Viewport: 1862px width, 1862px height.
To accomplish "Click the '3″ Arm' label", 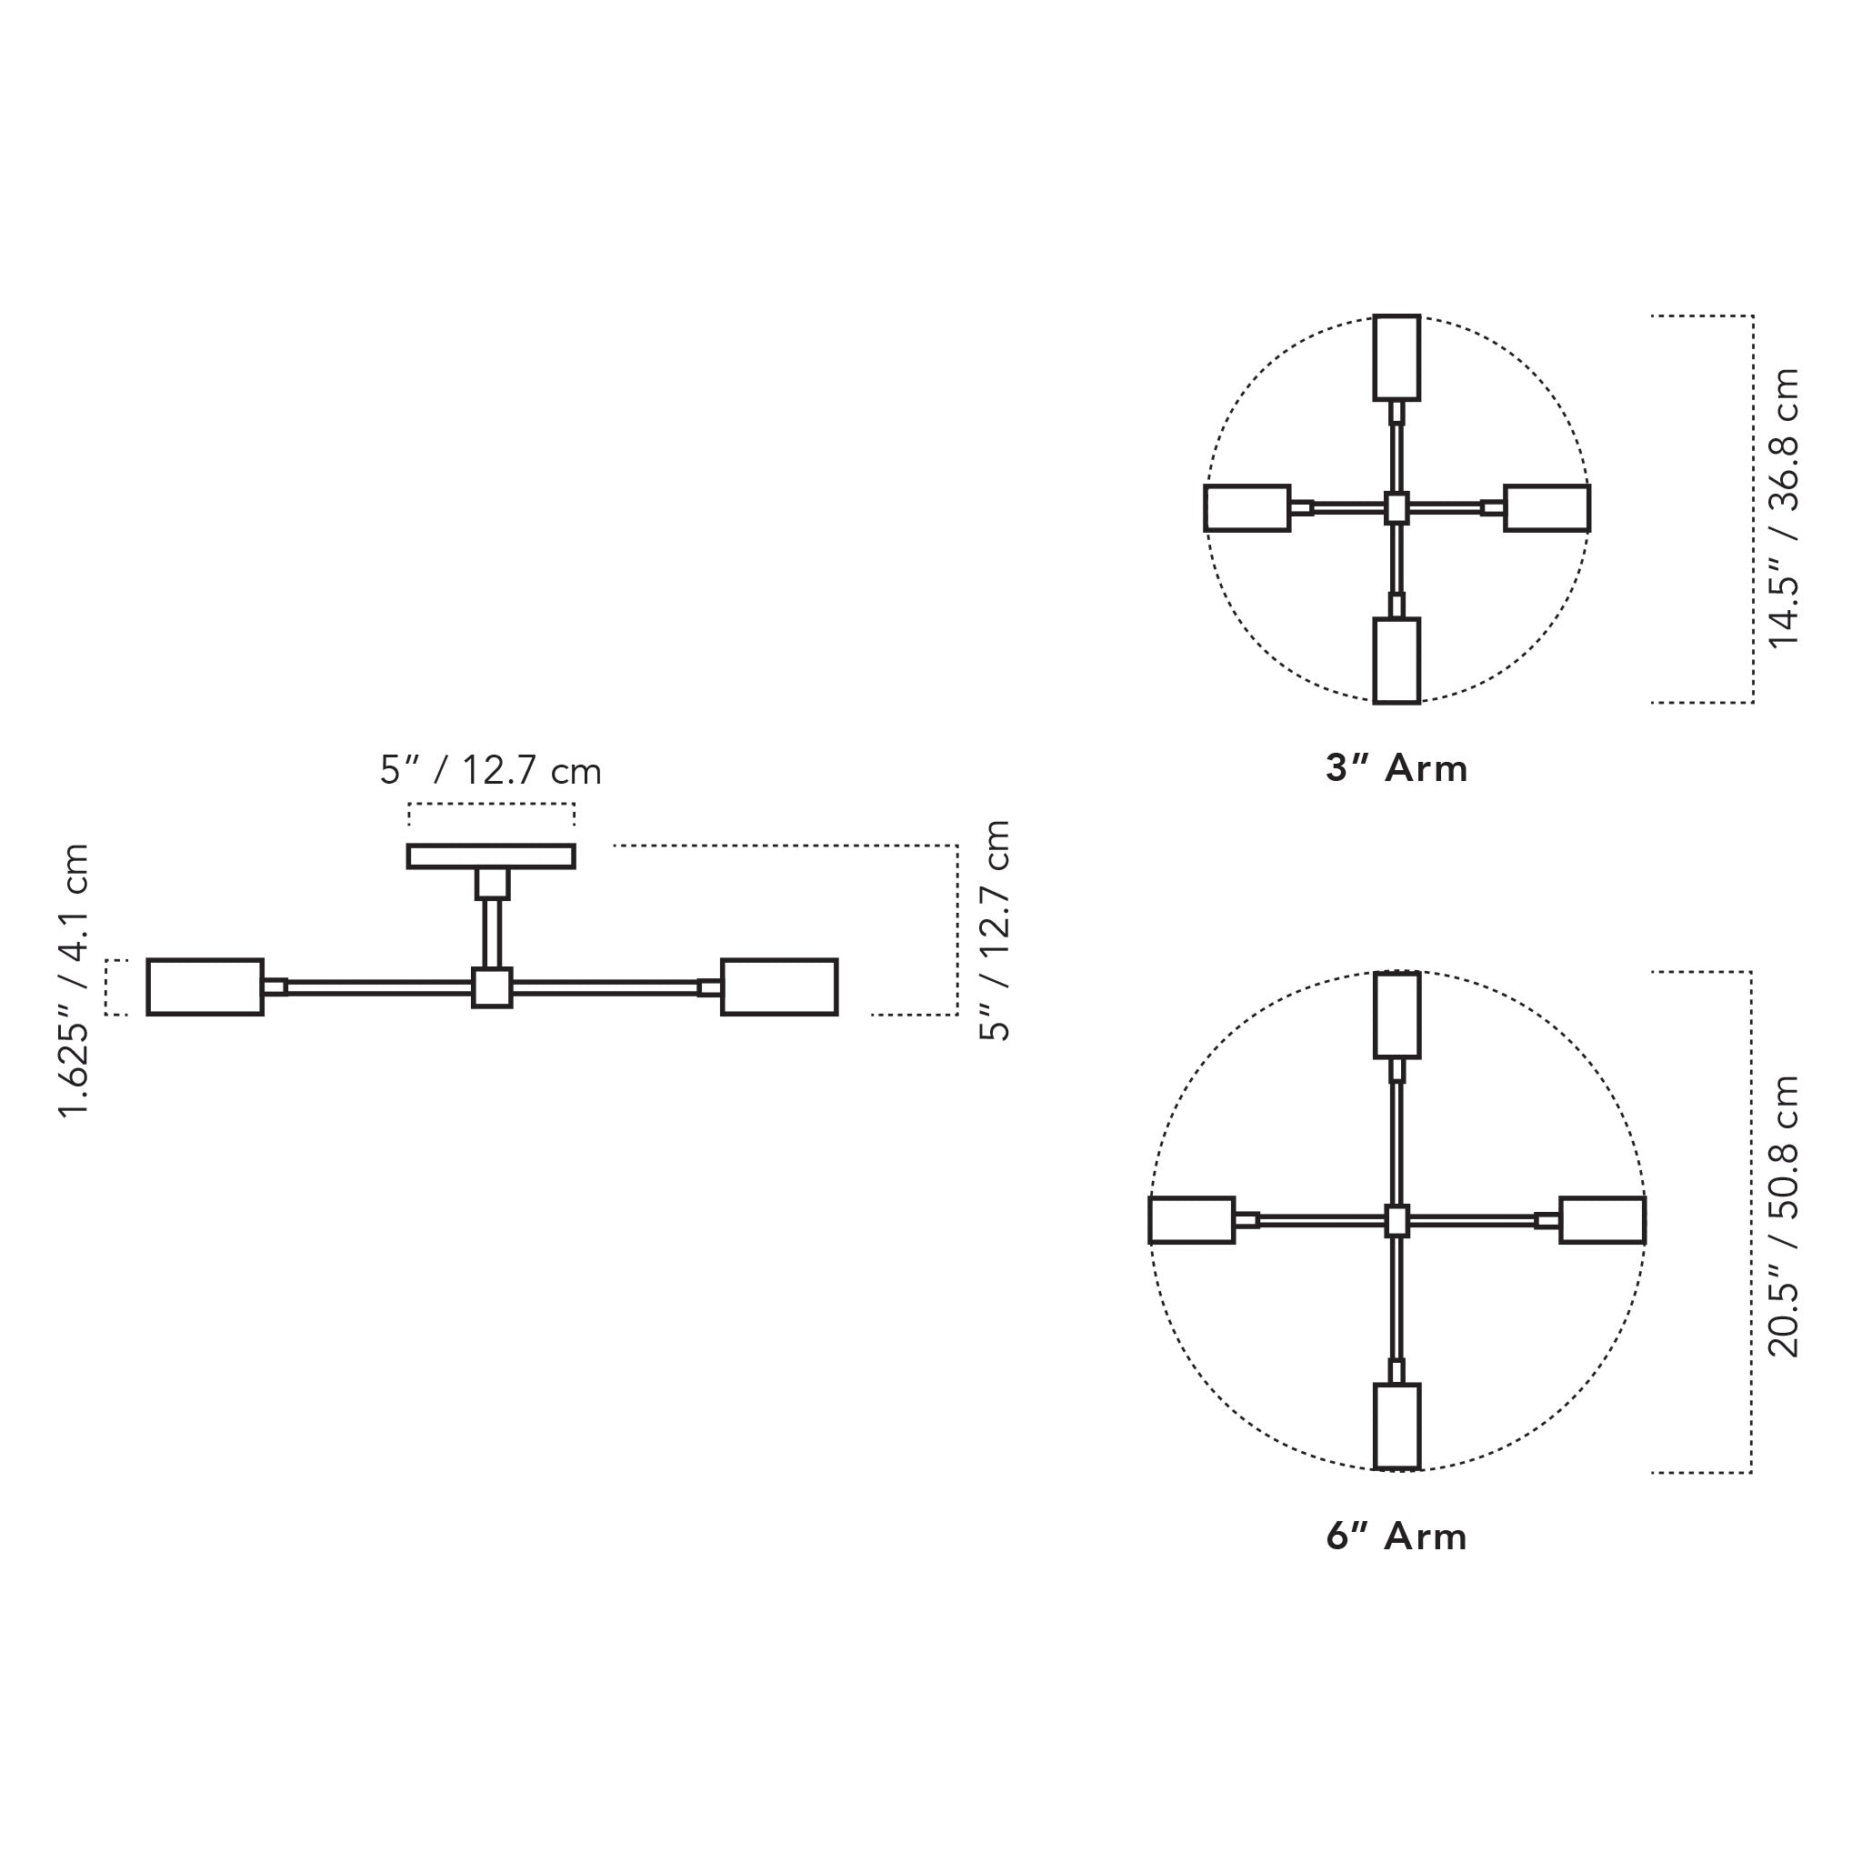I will (x=1396, y=768).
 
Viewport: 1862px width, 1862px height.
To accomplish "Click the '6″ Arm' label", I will (x=1396, y=1537).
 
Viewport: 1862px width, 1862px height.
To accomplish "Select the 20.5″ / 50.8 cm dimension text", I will (x=1783, y=1216).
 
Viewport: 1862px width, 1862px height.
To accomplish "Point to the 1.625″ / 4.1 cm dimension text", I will (x=75, y=980).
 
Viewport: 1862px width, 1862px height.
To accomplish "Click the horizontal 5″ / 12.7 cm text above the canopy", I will (x=491, y=771).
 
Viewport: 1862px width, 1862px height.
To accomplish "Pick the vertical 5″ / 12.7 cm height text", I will (x=995, y=930).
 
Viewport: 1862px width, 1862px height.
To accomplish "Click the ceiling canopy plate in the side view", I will (x=491, y=856).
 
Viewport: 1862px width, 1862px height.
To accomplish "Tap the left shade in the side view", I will (x=205, y=986).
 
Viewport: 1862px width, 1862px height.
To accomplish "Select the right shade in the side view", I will (x=779, y=986).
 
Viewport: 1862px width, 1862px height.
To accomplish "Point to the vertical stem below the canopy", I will (x=492, y=933).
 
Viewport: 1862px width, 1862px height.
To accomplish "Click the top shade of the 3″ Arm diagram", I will (x=1396, y=356).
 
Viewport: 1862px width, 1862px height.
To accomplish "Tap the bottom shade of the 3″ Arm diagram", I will (x=1396, y=660).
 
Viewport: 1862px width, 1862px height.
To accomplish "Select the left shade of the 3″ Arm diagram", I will (x=1247, y=508).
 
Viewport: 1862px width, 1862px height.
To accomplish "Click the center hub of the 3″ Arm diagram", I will (x=1396, y=508).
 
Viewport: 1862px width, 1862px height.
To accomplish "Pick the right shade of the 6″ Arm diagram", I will (x=1602, y=1220).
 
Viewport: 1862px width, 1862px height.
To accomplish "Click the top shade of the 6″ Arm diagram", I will (x=1396, y=1015).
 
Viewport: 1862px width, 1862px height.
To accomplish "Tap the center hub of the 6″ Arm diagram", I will (x=1396, y=1220).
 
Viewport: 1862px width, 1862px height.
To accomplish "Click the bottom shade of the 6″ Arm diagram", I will (x=1396, y=1427).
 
